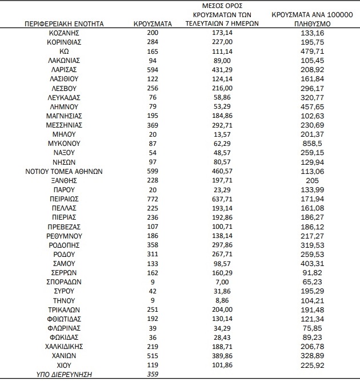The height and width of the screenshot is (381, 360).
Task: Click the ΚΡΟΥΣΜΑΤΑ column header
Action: coord(153,25)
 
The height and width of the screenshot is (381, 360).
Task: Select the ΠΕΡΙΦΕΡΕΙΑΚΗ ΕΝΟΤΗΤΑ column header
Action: coord(64,25)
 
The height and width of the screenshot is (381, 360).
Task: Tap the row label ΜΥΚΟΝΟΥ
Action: coord(64,143)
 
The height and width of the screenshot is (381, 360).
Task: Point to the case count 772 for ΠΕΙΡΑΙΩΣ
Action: coord(153,198)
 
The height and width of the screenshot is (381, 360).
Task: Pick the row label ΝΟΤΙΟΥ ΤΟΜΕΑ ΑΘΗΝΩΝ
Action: coord(64,170)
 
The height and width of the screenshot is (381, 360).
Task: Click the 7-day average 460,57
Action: coord(222,170)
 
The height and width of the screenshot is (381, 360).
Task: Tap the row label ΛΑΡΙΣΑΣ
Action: coord(64,69)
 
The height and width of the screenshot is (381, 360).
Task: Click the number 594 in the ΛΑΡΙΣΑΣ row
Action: coord(153,69)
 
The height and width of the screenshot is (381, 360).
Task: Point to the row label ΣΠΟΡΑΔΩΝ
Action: coord(64,281)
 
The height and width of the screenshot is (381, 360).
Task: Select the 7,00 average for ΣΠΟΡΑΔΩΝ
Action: coord(222,281)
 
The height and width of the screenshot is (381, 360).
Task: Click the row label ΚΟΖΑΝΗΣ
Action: coord(64,33)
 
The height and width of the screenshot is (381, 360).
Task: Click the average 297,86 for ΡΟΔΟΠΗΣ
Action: coord(222,244)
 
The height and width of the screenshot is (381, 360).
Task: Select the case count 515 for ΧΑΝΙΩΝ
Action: coord(153,355)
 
